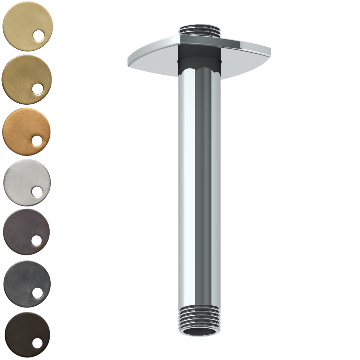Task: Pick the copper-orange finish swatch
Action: point(22,128)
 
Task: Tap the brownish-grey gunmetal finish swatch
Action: point(22,229)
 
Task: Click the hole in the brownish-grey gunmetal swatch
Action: point(37,240)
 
